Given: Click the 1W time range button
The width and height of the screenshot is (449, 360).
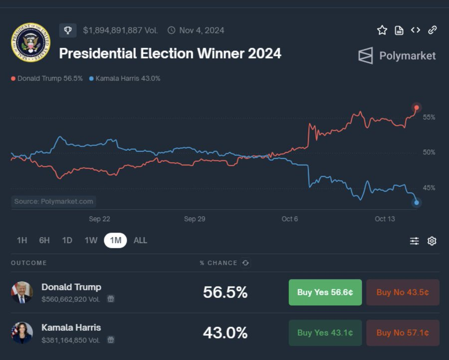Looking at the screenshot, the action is pyautogui.click(x=91, y=240).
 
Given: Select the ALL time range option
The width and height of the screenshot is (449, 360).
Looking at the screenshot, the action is pyautogui.click(x=140, y=240).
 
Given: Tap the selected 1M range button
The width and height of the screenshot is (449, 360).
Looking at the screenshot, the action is pyautogui.click(x=115, y=240).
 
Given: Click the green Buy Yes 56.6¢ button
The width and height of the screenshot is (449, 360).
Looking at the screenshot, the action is pyautogui.click(x=325, y=292).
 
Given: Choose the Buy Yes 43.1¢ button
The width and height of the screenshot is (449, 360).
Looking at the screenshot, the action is pyautogui.click(x=325, y=333).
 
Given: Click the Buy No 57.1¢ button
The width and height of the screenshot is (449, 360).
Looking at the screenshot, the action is pyautogui.click(x=403, y=333).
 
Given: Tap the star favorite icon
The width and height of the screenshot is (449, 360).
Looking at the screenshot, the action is pyautogui.click(x=382, y=30).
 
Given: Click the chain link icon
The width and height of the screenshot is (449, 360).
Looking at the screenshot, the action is pyautogui.click(x=432, y=30).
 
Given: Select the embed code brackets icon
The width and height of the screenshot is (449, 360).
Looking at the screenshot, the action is pyautogui.click(x=416, y=30).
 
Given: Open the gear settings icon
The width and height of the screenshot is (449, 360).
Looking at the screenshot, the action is pyautogui.click(x=432, y=241).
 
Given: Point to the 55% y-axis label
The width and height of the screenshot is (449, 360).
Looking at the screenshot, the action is pyautogui.click(x=429, y=117).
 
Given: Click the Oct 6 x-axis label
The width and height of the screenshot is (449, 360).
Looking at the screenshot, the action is pyautogui.click(x=289, y=219).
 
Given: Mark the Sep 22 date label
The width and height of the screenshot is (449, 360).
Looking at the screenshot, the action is pyautogui.click(x=99, y=219).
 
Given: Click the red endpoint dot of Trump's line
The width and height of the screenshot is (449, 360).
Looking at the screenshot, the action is pyautogui.click(x=417, y=107).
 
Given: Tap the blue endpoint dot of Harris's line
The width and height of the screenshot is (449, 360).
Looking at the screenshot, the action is pyautogui.click(x=417, y=203).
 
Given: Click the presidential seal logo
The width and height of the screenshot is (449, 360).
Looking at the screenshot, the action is pyautogui.click(x=30, y=42).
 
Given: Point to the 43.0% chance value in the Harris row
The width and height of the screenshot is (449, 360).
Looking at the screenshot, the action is pyautogui.click(x=225, y=333).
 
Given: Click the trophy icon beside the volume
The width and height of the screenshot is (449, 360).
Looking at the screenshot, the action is pyautogui.click(x=68, y=30).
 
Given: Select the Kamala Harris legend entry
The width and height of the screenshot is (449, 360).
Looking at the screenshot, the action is pyautogui.click(x=125, y=78).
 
